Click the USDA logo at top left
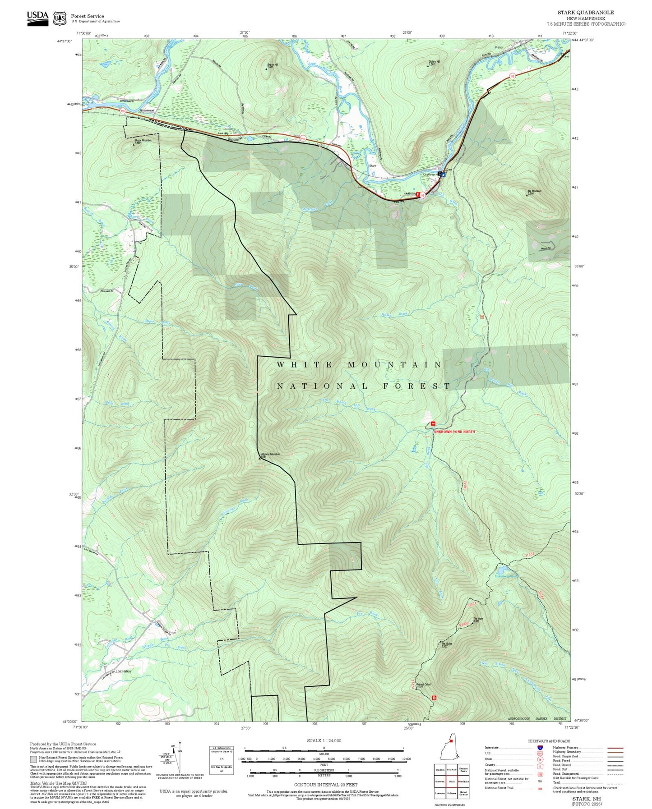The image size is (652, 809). coord(37,18)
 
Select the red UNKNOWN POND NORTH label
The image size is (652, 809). coord(454,432)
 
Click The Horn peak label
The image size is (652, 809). coord(478,620)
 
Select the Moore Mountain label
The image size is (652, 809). coord(143,141)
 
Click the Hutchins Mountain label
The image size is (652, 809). coord(270,455)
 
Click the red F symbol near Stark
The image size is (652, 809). coord(418,194)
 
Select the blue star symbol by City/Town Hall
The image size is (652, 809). coord(444,175)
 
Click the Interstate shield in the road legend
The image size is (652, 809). coord(540,748)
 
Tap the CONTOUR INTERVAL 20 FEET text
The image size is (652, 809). coord(324,785)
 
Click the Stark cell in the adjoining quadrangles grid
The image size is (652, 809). coord(451,782)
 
